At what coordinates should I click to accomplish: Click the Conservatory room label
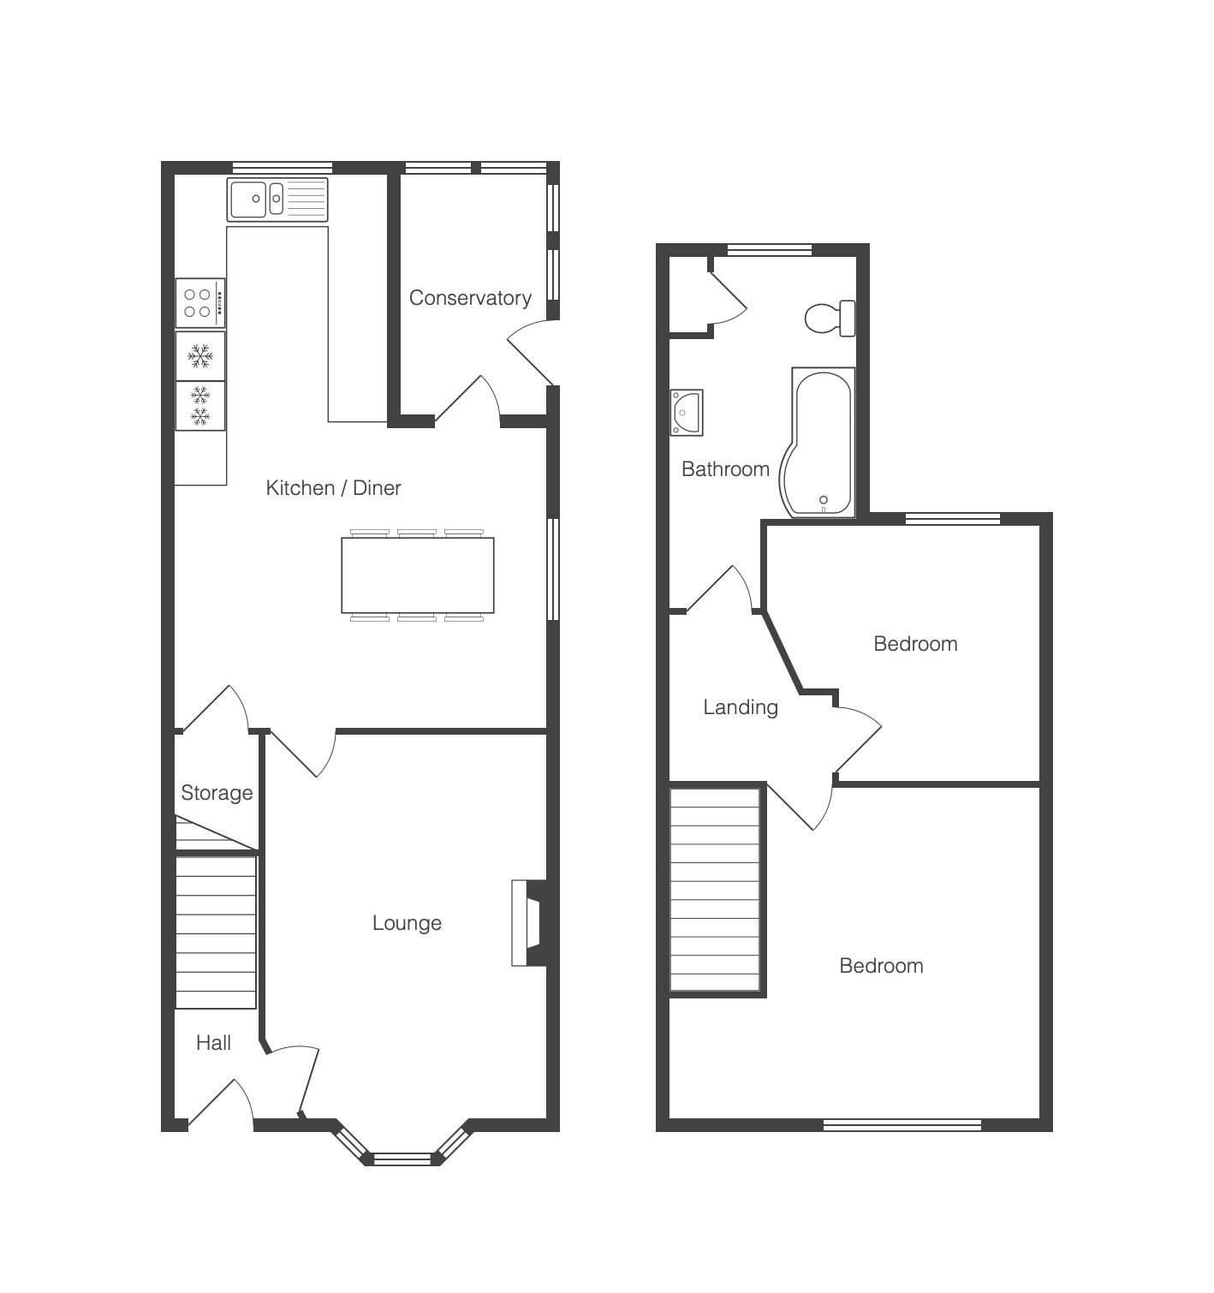tap(470, 297)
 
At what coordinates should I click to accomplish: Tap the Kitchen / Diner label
tap(333, 487)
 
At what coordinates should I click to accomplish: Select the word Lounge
tap(407, 923)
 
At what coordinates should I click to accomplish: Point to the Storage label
tap(217, 793)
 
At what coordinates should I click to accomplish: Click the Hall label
tap(213, 1043)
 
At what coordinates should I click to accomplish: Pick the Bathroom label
tap(725, 468)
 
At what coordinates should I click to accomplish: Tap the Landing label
tap(741, 707)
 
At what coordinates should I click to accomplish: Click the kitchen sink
tap(277, 200)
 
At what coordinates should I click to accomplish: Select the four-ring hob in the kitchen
tap(200, 303)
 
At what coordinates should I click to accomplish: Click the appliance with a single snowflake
tap(200, 356)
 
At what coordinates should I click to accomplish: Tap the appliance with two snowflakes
tap(200, 406)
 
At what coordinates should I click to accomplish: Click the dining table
tap(417, 575)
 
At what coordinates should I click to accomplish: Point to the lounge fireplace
tap(529, 922)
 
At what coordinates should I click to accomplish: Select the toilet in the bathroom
tap(830, 319)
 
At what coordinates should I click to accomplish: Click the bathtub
tap(818, 443)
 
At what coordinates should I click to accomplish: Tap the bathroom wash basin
tap(687, 412)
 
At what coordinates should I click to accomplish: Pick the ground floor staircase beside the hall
tap(216, 933)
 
